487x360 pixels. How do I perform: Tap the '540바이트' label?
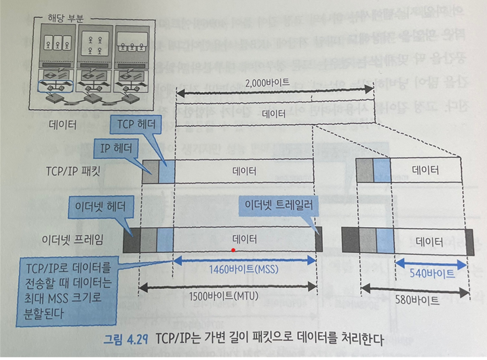pyautogui.click(x=432, y=273)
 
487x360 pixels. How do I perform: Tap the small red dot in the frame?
pyautogui.click(x=233, y=250)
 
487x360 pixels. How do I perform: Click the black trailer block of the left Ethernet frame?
pyautogui.click(x=318, y=239)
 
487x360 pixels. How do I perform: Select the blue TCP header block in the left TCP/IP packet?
pyautogui.click(x=166, y=172)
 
